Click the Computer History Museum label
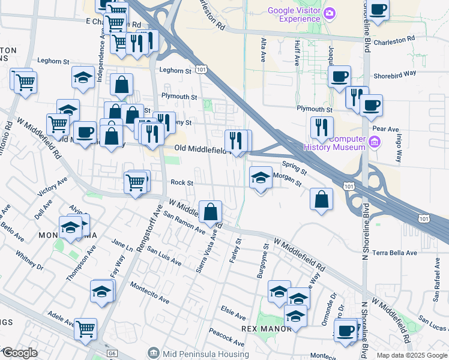pos(334,143)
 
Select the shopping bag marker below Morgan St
pos(322,199)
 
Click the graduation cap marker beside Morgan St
pos(261,178)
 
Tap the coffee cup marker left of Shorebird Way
pos(339,77)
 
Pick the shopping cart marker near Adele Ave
pos(86,329)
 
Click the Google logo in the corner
pos(19,353)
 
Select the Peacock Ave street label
pos(226,337)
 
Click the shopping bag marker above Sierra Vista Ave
pos(211,212)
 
